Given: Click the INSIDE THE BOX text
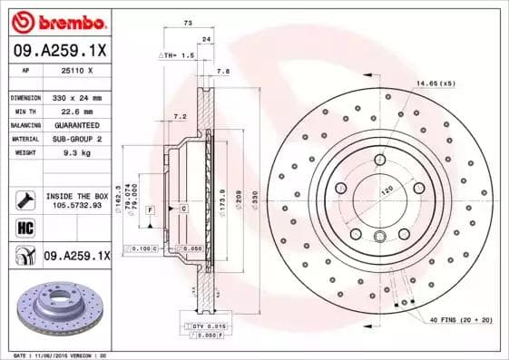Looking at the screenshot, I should coord(76,196).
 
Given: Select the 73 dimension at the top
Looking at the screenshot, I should coord(188,22).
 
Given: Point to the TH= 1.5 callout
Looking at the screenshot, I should coord(178,55).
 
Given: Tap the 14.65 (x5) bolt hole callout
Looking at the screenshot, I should coord(435,83).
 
